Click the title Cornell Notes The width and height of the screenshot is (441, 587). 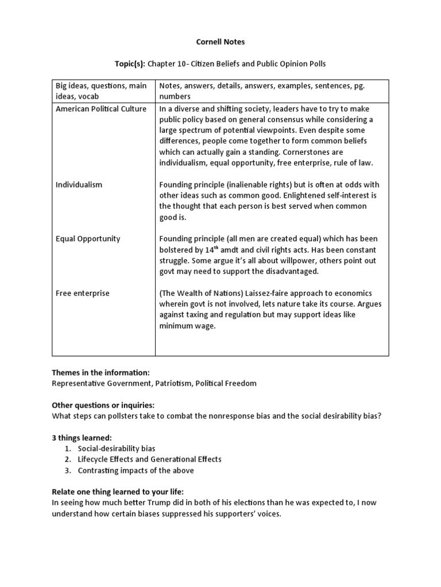220,42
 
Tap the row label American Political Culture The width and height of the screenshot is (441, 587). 101,109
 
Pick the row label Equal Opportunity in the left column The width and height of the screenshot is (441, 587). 88,238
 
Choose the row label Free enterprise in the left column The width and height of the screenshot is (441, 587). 82,293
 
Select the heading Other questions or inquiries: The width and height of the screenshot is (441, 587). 103,405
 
